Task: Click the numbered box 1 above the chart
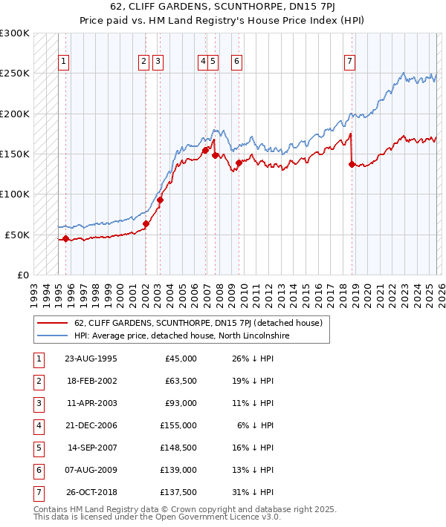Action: [64, 62]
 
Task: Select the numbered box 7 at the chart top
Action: [349, 62]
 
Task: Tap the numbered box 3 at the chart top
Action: [158, 62]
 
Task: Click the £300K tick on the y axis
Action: [15, 33]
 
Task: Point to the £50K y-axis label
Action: [17, 235]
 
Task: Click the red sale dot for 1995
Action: [65, 238]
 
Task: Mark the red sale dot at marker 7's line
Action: [351, 164]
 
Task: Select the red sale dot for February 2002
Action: [146, 223]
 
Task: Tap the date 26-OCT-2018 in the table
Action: [91, 492]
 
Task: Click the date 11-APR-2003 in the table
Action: [91, 403]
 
